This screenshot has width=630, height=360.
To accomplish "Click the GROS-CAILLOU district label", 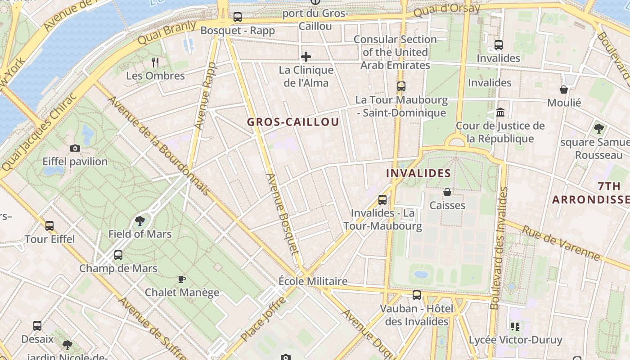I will click(x=293, y=122).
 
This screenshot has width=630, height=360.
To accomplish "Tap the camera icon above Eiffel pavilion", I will click(x=75, y=148).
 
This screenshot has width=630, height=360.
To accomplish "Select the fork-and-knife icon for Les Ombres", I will click(x=155, y=62).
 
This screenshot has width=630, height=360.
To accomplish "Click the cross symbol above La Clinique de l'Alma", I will click(x=306, y=57).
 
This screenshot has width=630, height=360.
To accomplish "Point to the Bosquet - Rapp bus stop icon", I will click(x=238, y=18).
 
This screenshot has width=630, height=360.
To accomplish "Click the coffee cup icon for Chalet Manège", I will click(x=182, y=279).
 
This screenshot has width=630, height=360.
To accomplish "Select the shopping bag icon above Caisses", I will click(x=447, y=192).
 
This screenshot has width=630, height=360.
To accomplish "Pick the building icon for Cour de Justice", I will click(x=500, y=112).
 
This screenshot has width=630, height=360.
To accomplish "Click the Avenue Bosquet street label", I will click(x=283, y=214).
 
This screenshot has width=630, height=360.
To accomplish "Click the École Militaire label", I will click(x=313, y=281).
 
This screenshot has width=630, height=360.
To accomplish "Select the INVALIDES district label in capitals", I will click(x=418, y=173).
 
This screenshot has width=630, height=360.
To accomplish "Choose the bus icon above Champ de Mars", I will click(x=118, y=255).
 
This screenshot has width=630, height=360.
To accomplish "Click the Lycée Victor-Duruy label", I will click(x=516, y=340).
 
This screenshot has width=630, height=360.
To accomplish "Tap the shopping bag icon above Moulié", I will click(x=564, y=90).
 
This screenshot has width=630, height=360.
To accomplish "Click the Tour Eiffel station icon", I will click(x=49, y=225).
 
